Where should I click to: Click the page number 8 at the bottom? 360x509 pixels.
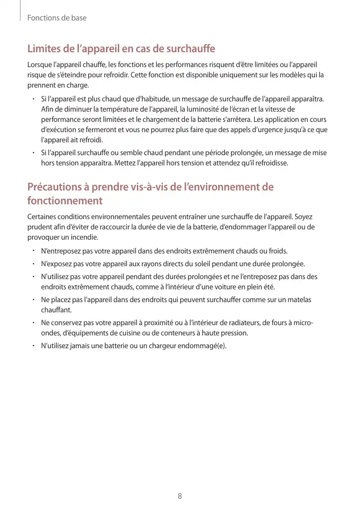point(180,496)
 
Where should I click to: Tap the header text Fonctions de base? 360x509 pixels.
point(57,18)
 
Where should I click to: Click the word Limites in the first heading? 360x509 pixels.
point(43,49)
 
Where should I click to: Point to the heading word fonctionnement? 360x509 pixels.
point(65,200)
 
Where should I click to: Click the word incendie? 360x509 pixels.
point(83,237)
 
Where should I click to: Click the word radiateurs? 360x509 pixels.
point(244,323)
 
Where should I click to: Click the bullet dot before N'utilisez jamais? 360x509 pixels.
point(32,346)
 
